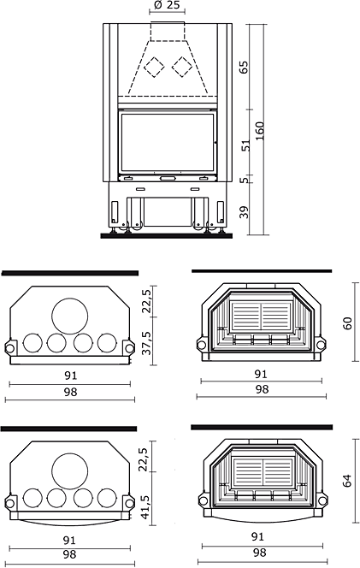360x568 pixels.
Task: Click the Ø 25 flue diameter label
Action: pyautogui.click(x=167, y=5)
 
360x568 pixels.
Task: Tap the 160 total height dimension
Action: pyautogui.click(x=260, y=131)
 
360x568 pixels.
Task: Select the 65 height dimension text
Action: pyautogui.click(x=245, y=68)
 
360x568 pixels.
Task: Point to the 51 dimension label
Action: pyautogui.click(x=246, y=145)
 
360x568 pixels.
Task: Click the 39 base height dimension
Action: pyautogui.click(x=245, y=212)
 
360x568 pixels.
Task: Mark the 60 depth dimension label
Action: pyautogui.click(x=347, y=323)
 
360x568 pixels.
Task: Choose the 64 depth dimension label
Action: pyautogui.click(x=347, y=481)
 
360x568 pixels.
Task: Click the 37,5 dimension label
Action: pyautogui.click(x=147, y=343)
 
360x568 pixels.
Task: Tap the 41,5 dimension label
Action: pyautogui.click(x=145, y=502)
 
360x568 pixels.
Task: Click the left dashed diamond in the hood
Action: pyautogui.click(x=154, y=67)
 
